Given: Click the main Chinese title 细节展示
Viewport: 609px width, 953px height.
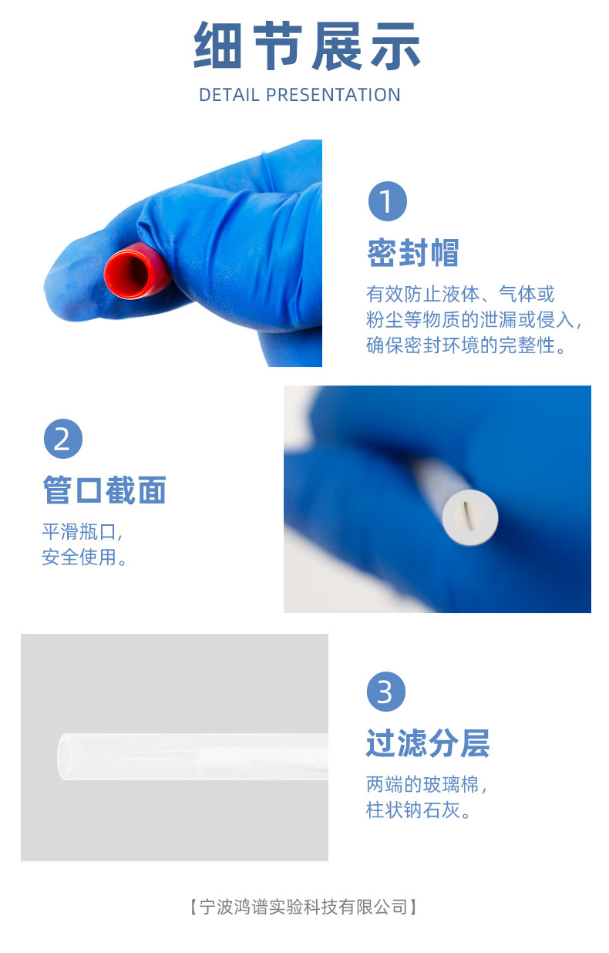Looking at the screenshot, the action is pyautogui.click(x=307, y=46).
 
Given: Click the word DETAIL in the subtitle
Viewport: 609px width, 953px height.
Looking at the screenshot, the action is pyautogui.click(x=229, y=95).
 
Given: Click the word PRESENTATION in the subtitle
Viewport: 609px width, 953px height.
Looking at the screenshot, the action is pyautogui.click(x=333, y=95).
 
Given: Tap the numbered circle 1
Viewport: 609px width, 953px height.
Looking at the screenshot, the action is pyautogui.click(x=388, y=201).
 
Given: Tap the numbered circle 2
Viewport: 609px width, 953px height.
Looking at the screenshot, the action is pyautogui.click(x=63, y=439).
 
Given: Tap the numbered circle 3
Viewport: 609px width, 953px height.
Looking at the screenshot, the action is pyautogui.click(x=386, y=692).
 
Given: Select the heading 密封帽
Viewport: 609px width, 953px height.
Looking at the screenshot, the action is pyautogui.click(x=413, y=253).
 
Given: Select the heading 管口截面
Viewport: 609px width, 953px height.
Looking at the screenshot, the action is pyautogui.click(x=104, y=490).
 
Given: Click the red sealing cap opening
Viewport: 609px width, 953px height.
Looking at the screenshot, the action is pyautogui.click(x=127, y=274).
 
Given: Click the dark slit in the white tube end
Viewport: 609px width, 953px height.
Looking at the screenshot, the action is pyautogui.click(x=467, y=515).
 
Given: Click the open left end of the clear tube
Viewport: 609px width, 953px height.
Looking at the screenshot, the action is pyautogui.click(x=65, y=757).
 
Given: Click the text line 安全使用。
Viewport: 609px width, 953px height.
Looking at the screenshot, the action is pyautogui.click(x=84, y=557).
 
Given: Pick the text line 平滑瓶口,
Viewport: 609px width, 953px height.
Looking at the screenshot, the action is pyautogui.click(x=82, y=532).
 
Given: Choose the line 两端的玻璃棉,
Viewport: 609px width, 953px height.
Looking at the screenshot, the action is pyautogui.click(x=426, y=784).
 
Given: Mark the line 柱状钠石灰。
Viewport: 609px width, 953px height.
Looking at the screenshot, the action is pyautogui.click(x=418, y=810).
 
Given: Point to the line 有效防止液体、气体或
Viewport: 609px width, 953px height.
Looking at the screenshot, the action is pyautogui.click(x=460, y=294).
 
